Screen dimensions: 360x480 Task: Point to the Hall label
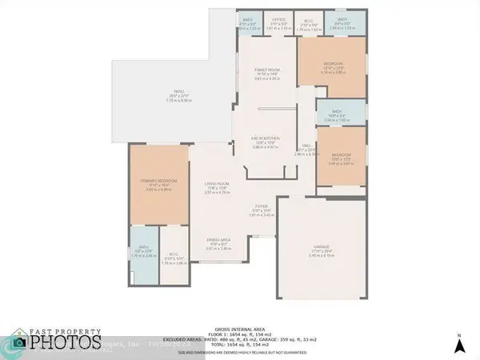tap(306, 146)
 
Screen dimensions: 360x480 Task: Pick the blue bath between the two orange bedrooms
tap(334, 114)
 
